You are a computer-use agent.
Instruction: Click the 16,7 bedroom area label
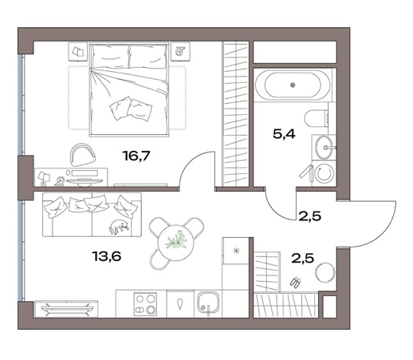[136, 156]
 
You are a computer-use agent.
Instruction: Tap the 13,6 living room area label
[107, 256]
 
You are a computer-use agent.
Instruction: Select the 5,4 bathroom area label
[284, 134]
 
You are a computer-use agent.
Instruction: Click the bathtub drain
[293, 85]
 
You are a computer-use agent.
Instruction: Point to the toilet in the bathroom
[317, 118]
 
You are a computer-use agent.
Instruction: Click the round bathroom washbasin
[324, 147]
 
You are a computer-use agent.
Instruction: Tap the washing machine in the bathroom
[324, 173]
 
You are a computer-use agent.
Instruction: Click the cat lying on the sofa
[120, 227]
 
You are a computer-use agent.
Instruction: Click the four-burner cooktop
[145, 304]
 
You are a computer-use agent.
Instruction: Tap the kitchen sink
[208, 303]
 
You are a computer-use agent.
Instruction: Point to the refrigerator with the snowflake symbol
[235, 251]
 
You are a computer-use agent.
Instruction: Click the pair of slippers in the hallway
[295, 282]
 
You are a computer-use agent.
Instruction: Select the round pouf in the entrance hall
[325, 273]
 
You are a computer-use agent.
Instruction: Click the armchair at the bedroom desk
[83, 155]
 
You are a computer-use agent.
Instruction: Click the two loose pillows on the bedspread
[131, 109]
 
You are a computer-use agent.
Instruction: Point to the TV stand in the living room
[66, 309]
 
